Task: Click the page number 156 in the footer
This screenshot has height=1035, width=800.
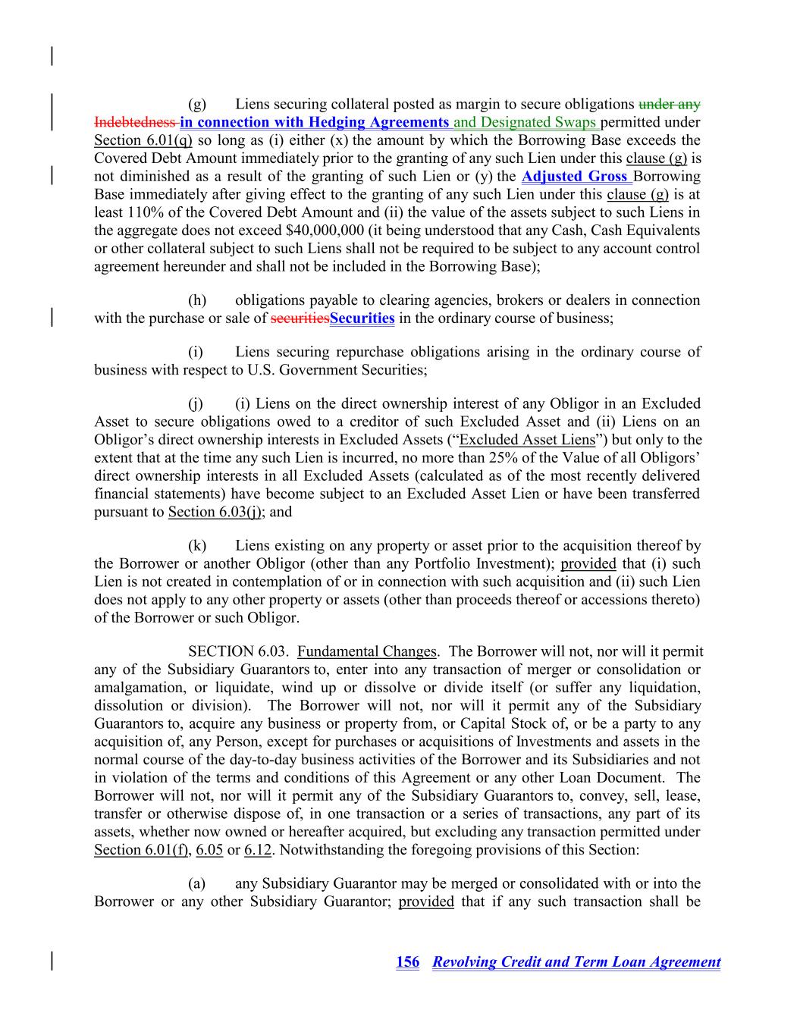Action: pos(407,962)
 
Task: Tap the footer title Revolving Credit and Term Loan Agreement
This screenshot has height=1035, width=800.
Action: pos(576,962)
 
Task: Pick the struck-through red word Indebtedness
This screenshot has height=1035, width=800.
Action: pos(135,122)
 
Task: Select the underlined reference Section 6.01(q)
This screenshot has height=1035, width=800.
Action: pos(143,140)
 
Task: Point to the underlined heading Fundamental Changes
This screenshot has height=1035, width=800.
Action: pos(367,651)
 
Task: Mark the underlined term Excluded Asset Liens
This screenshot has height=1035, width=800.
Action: pos(527,440)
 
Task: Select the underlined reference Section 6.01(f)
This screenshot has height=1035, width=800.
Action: pos(141,850)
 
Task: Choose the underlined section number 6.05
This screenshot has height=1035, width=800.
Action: pos(209,850)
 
